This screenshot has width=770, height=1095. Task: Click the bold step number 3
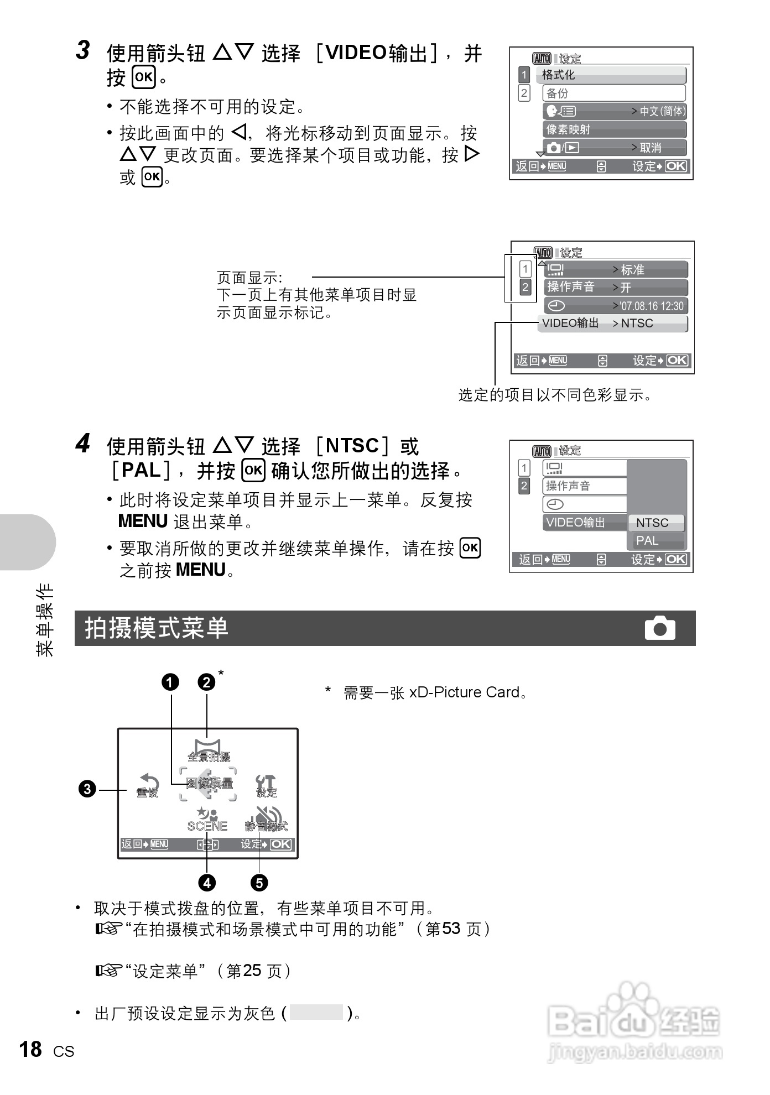pos(83,50)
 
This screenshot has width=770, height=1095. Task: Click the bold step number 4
pos(83,444)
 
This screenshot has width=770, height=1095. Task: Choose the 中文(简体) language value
pos(662,111)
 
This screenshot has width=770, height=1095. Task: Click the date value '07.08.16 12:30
pos(651,306)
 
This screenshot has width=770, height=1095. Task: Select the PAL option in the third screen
pos(647,540)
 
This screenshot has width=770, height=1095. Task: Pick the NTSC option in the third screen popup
pos(653,523)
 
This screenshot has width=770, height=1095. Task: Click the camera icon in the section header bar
pos(659,628)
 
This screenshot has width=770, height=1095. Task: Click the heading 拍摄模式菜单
pos(157,628)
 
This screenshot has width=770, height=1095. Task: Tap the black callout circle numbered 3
pos(87,789)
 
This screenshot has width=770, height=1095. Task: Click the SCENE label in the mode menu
pos(207,826)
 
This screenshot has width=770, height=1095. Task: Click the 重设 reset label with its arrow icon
pos(148,786)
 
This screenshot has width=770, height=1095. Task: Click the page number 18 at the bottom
pos(30,1049)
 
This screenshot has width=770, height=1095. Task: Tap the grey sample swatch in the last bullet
pos(316,1012)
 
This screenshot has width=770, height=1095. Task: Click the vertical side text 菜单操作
pos(44,619)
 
